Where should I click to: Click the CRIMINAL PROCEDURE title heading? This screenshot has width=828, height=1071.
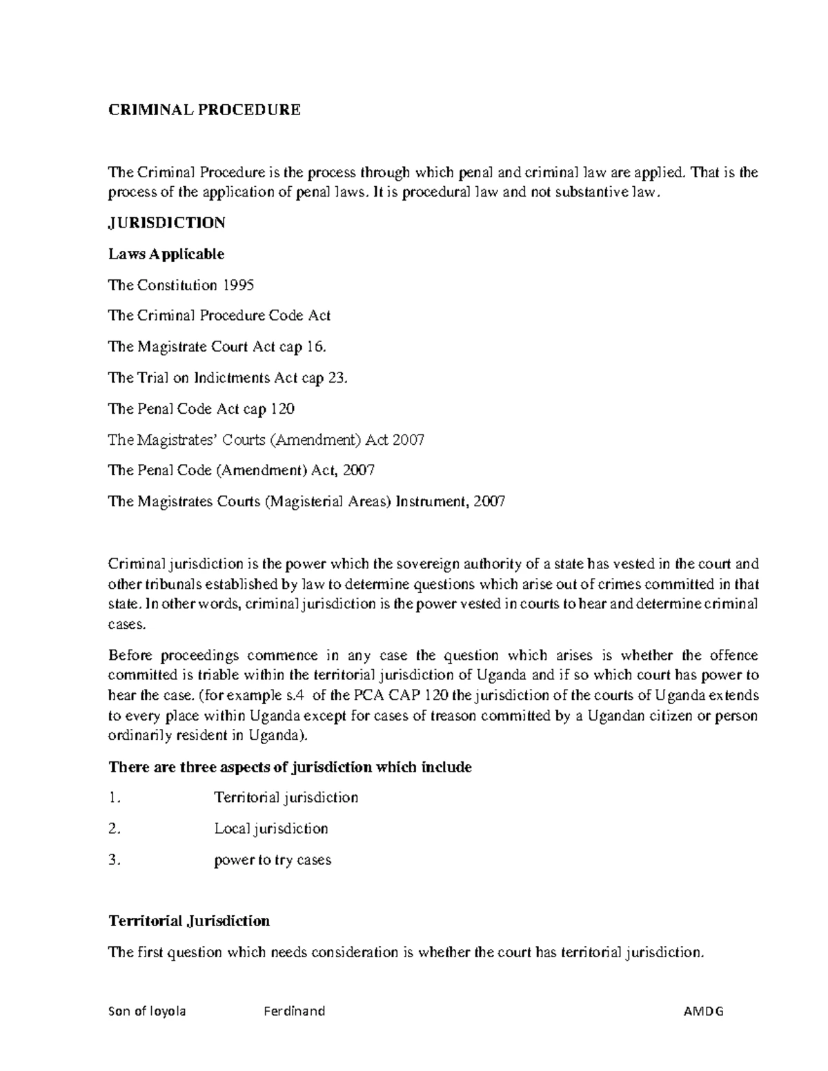(204, 110)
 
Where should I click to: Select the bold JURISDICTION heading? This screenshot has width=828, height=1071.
(166, 223)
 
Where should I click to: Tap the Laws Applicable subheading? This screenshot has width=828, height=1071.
(166, 254)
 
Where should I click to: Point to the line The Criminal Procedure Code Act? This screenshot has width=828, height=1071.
(219, 316)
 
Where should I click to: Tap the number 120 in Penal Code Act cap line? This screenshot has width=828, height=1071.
(282, 409)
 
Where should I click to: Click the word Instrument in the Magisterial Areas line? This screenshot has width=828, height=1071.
(430, 501)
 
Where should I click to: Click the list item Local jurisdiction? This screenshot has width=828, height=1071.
(271, 828)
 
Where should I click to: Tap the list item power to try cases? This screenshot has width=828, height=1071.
(273, 860)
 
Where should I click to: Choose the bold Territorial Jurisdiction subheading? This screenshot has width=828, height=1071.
(189, 921)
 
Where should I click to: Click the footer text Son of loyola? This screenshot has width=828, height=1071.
(147, 1012)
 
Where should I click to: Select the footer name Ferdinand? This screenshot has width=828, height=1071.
(294, 1012)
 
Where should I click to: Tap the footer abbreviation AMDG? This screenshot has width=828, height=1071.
(703, 1012)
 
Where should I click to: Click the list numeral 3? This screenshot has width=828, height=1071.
(115, 860)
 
